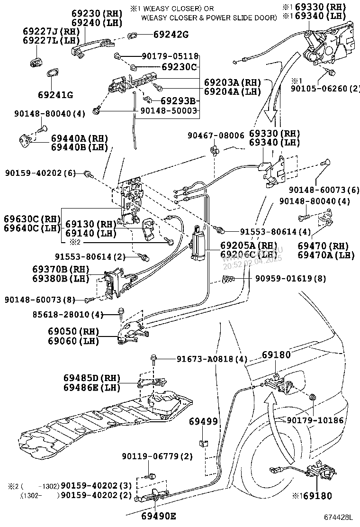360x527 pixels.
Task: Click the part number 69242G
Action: (x=171, y=34)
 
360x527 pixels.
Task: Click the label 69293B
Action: (x=178, y=100)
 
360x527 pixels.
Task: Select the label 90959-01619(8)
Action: (x=291, y=278)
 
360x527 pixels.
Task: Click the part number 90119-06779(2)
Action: (x=157, y=456)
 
